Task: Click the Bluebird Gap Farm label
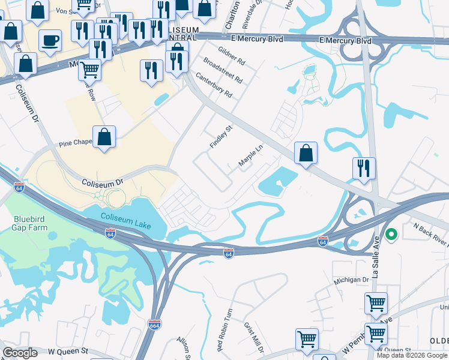tap(28, 223)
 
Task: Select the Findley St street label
tap(221, 137)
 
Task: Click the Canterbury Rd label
tap(214, 84)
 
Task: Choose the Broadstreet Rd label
tap(223, 70)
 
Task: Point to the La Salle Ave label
tap(377, 263)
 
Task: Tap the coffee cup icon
tap(50, 41)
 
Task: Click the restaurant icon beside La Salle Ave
tap(364, 168)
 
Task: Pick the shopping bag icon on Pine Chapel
tap(104, 136)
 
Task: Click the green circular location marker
tap(392, 235)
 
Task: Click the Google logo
tap(20, 353)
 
